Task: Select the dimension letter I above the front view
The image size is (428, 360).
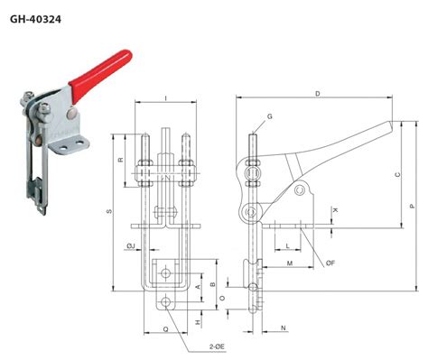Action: [165, 97]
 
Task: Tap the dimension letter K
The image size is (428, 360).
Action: [336, 209]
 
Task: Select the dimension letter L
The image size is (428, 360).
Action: [287, 245]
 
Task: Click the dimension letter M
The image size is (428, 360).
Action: [290, 263]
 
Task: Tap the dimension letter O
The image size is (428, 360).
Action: [223, 296]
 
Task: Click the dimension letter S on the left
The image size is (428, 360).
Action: [108, 212]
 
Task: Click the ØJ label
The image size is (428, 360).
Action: [131, 245]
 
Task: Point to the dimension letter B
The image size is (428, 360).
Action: [213, 284]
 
